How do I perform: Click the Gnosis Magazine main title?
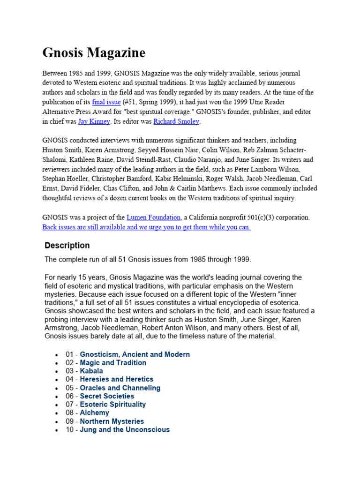[x=94, y=52]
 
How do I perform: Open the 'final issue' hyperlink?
[x=106, y=102]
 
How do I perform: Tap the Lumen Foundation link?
[x=153, y=217]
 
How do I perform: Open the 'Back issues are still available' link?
[x=146, y=227]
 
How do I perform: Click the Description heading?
[x=67, y=245]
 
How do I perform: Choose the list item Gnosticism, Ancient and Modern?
[x=135, y=354]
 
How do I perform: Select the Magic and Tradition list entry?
[x=113, y=363]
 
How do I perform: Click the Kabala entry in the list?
[x=91, y=371]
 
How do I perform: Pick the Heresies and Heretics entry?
[x=117, y=379]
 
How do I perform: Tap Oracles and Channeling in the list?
[x=120, y=388]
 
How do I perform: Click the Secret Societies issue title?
[x=107, y=396]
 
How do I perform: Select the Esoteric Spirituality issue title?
[x=113, y=404]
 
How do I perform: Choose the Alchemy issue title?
[x=94, y=412]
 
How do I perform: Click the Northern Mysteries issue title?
[x=112, y=421]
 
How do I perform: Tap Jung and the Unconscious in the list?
[x=125, y=429]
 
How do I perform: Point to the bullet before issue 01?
[x=57, y=355]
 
